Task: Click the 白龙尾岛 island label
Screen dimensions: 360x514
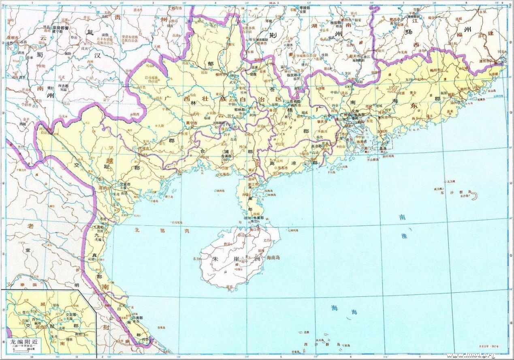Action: [x=178, y=222]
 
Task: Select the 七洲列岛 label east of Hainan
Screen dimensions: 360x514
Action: [x=292, y=230]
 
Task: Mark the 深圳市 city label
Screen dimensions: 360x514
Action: [x=368, y=132]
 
